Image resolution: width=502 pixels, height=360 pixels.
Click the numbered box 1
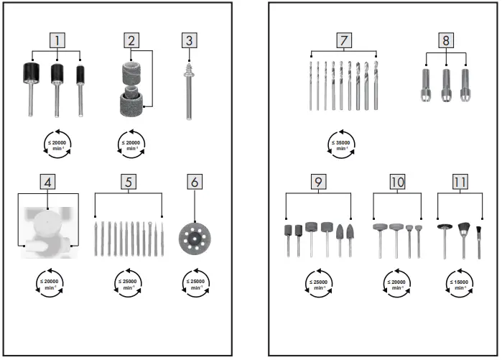55,40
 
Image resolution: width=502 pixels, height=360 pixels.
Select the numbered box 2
131,40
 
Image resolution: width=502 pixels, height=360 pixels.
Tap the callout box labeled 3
189,40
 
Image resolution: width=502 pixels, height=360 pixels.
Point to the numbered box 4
48,183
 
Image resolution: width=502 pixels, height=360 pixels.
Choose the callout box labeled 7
344,40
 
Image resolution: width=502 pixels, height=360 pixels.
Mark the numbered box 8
445,40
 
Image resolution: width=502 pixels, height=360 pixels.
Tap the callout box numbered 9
317,183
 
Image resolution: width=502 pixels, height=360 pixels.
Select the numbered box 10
397,183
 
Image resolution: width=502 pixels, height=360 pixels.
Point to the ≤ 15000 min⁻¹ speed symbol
459,283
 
